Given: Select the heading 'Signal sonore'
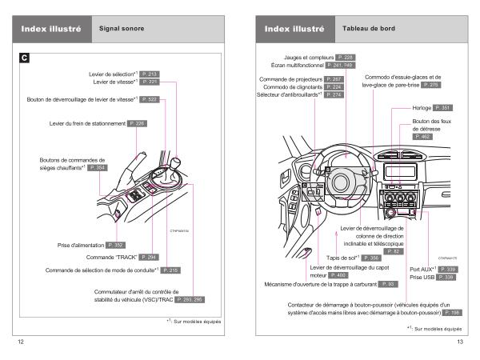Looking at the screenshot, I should [x=117, y=26].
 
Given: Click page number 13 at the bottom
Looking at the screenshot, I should [x=460, y=342].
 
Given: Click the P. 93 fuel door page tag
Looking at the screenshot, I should [x=386, y=284].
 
